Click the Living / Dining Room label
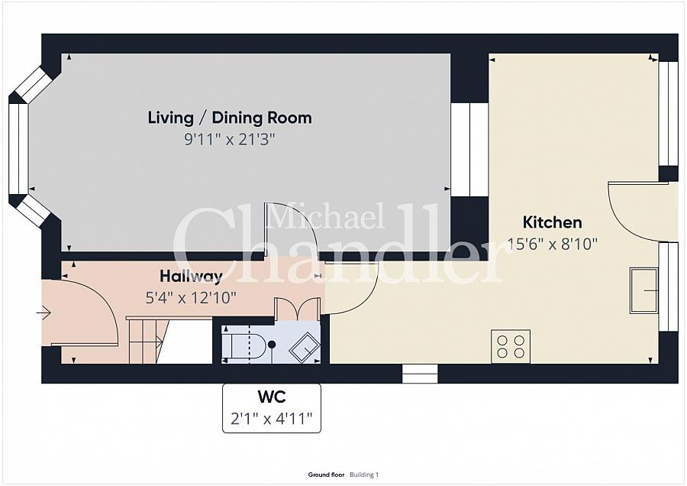point(230,118)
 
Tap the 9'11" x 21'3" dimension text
point(230,140)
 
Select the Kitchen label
point(552,222)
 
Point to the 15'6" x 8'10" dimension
point(552,244)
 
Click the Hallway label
point(191,277)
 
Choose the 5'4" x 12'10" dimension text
point(191,298)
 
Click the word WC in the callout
point(272,397)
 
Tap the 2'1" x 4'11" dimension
point(272,419)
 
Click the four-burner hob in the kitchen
point(511,346)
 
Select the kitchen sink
point(643,290)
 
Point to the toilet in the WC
point(244,345)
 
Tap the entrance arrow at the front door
point(44,313)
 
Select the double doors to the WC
point(297,309)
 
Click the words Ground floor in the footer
point(326,475)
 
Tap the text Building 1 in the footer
point(364,475)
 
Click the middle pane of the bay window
point(18,149)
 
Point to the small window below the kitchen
point(420,373)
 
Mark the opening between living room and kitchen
point(469,150)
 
